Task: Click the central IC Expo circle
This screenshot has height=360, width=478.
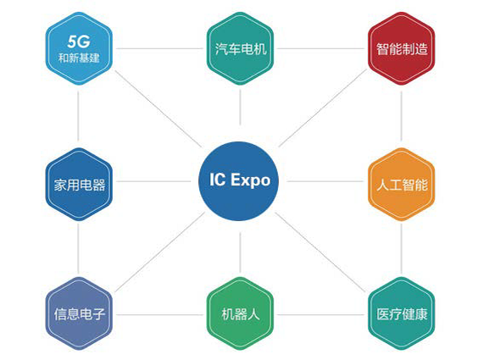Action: point(239,181)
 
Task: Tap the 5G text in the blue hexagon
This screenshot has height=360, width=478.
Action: point(79,42)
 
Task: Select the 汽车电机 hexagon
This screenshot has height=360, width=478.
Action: point(240,48)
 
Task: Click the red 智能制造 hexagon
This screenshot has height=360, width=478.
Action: point(401,48)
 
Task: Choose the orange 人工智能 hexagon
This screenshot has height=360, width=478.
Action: point(401,185)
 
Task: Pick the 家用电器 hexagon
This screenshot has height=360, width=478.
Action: point(79,185)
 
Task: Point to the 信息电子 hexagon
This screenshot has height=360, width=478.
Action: point(79,313)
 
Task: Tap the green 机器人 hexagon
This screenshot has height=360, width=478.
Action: point(240,313)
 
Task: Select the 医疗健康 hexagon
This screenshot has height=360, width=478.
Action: point(401,313)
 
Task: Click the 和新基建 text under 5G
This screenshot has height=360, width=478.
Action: point(79,58)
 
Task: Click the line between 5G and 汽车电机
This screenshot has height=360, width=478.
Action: point(159,48)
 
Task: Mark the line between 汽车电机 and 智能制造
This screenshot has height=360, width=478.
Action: point(320,48)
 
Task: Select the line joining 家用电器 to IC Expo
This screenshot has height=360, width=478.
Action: point(153,181)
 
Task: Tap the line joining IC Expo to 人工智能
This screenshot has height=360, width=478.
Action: point(325,181)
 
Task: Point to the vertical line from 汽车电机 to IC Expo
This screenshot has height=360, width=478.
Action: point(240,108)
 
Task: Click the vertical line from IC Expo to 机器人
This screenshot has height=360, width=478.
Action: point(240,252)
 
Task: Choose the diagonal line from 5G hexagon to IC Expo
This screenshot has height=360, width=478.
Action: point(158,108)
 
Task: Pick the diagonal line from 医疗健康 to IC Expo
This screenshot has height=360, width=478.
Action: point(320,252)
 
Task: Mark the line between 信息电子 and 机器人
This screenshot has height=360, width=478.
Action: point(159,314)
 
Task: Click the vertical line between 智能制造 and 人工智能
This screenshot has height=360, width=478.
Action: point(401,116)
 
